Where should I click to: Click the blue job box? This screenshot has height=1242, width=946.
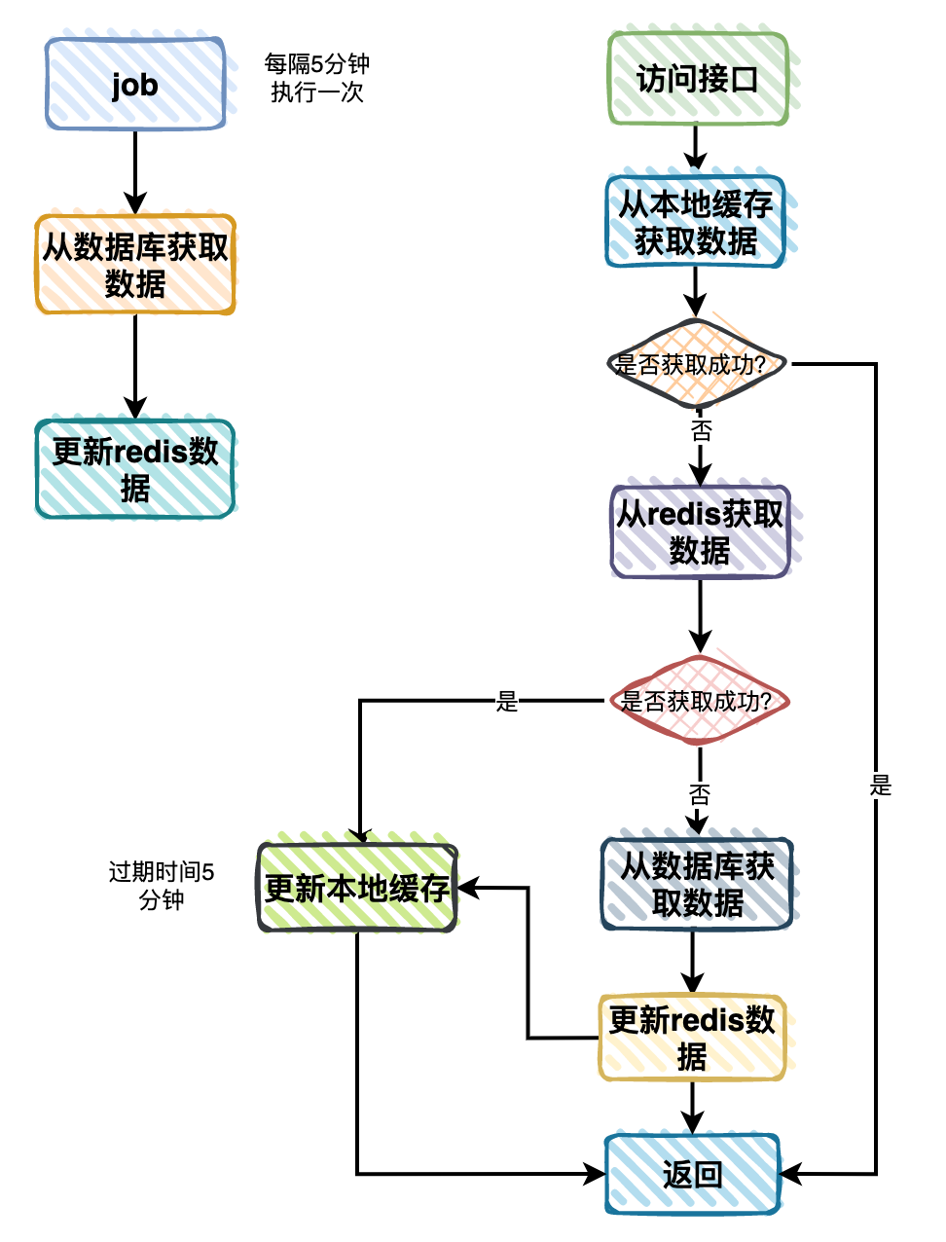[135, 85]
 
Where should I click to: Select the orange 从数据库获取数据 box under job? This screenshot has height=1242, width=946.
[135, 265]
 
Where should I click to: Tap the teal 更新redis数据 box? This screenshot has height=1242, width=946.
[135, 469]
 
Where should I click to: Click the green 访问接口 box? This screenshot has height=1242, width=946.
[697, 79]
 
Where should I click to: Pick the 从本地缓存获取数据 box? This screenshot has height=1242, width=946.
[695, 222]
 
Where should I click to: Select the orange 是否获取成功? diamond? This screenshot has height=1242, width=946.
[695, 364]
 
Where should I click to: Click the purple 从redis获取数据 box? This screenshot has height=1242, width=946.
[700, 531]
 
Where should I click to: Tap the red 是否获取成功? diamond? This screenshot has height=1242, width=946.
[698, 701]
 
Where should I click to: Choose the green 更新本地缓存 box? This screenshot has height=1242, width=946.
[357, 888]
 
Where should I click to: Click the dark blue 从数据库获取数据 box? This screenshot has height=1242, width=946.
[697, 884]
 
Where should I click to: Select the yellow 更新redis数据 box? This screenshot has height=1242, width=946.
[692, 1038]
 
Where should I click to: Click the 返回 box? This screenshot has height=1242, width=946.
[693, 1174]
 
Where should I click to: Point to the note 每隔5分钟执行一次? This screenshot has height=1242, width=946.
[317, 78]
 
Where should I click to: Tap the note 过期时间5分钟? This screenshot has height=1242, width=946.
[162, 886]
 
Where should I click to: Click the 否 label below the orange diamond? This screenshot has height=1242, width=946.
[701, 429]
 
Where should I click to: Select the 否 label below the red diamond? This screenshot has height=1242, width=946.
[699, 793]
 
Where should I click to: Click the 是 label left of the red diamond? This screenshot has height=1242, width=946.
[507, 701]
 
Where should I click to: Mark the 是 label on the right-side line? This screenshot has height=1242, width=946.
[880, 785]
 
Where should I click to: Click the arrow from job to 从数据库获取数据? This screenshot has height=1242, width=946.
[135, 172]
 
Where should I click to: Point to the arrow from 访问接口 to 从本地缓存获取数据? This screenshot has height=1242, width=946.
[695, 149]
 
